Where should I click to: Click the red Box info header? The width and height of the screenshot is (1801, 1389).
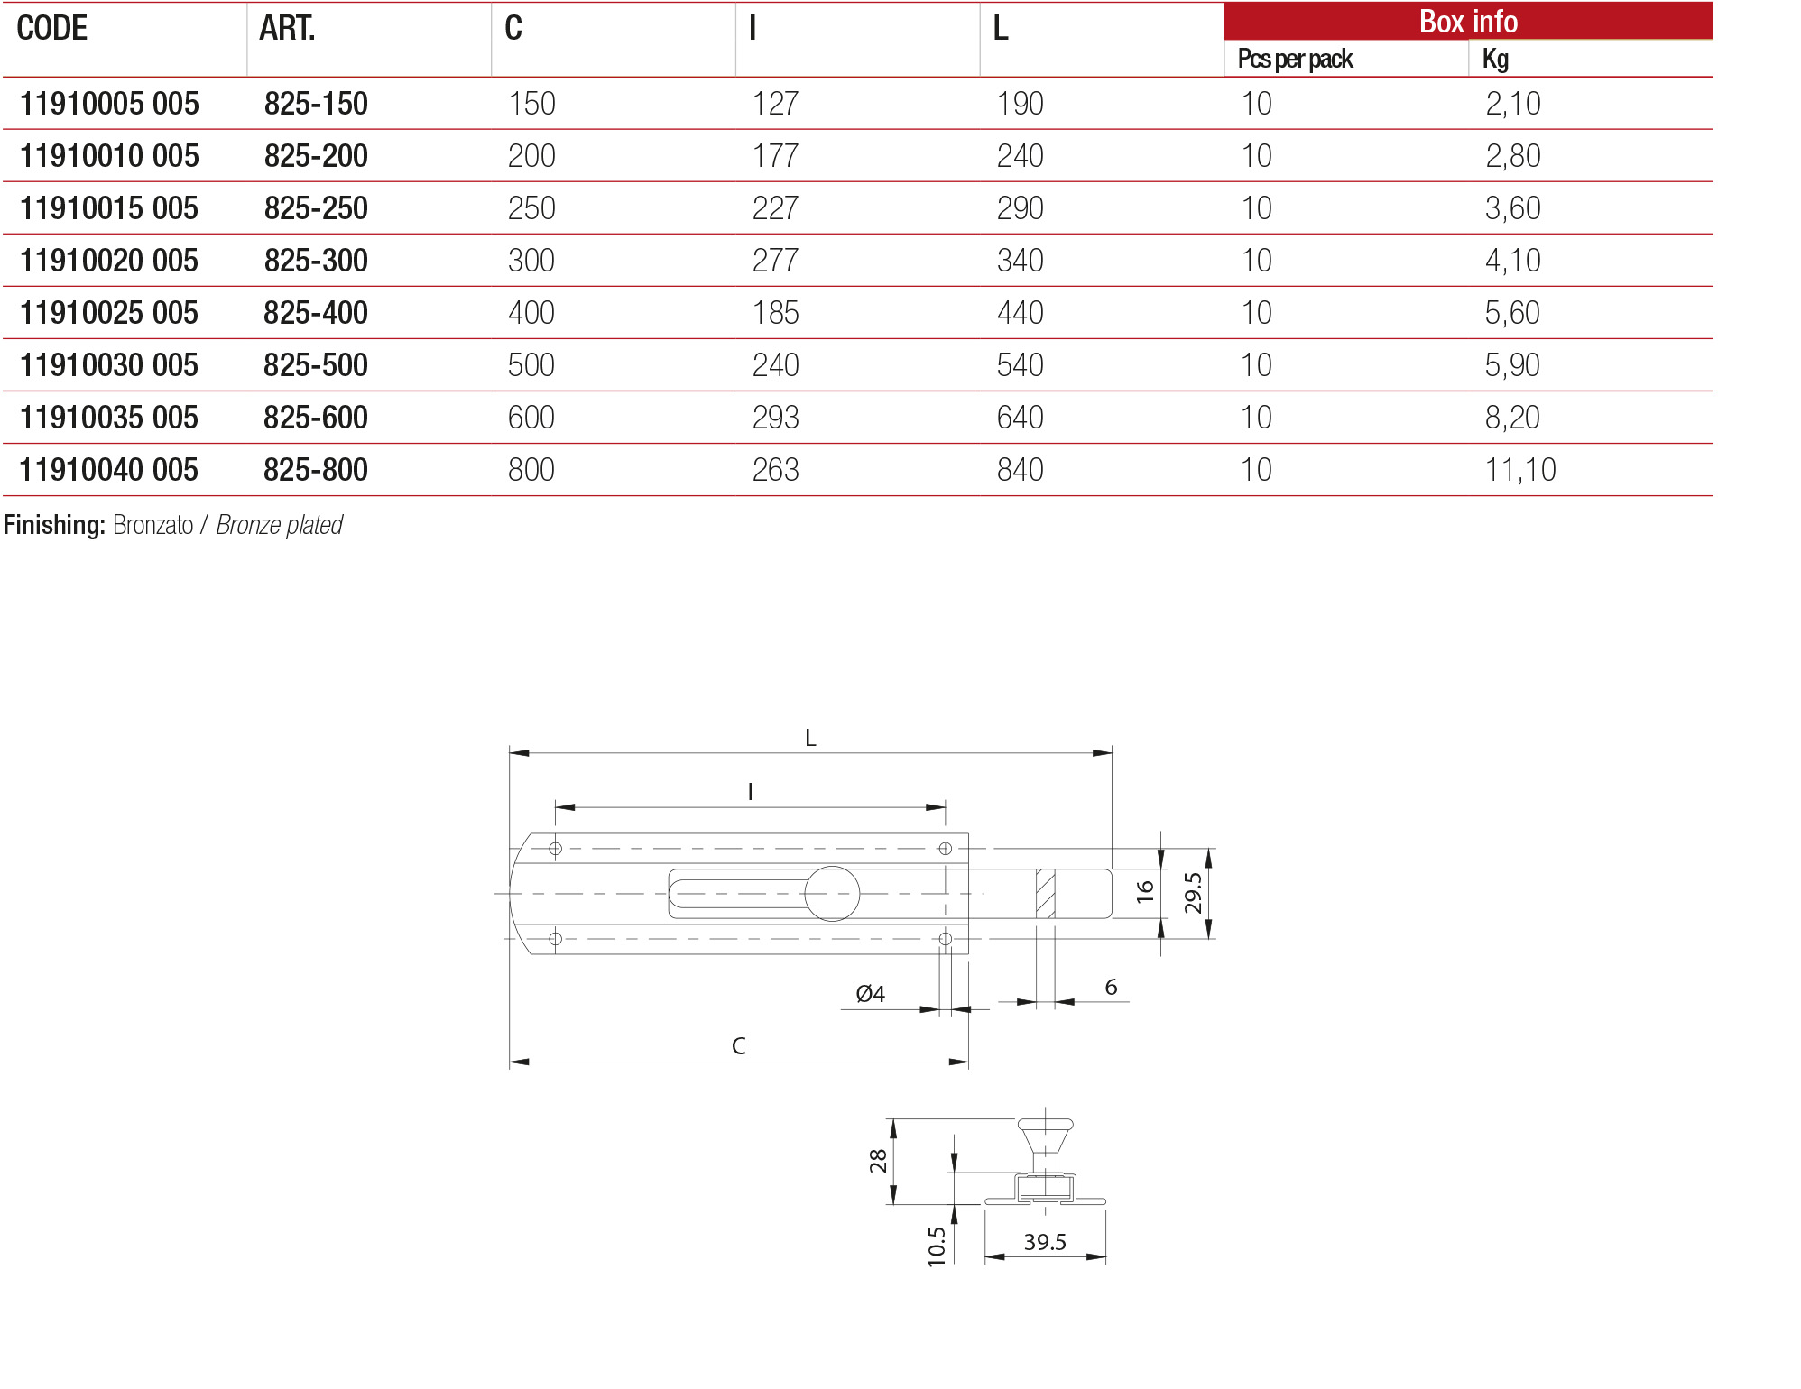tap(1467, 22)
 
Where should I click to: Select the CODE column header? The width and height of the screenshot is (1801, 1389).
tap(52, 29)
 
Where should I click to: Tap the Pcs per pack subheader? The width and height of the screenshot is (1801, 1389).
tap(1294, 60)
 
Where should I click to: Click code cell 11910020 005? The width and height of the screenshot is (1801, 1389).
tap(108, 261)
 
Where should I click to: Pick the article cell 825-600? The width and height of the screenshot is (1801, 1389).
tap(315, 418)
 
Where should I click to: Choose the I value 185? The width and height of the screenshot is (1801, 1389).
tap(775, 313)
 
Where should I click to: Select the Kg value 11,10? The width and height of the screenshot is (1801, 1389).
tap(1519, 470)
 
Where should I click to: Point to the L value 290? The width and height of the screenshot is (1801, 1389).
tap(1020, 208)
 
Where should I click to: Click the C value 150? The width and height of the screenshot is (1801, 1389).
tap(531, 104)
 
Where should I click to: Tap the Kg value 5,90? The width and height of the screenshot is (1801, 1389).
tap(1512, 365)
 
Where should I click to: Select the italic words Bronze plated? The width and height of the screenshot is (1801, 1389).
tap(279, 525)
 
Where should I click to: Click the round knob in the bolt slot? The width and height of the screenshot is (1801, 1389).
tap(831, 893)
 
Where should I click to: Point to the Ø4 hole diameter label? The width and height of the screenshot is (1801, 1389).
tap(870, 994)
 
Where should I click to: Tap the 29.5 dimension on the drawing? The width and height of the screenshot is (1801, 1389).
tap(1193, 893)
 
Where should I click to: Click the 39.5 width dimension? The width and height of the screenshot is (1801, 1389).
tap(1044, 1242)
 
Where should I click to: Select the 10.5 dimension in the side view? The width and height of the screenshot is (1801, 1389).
tap(937, 1246)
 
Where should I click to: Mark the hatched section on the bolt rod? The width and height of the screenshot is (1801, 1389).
tap(1045, 893)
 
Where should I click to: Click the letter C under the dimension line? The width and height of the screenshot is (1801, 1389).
tap(738, 1045)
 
